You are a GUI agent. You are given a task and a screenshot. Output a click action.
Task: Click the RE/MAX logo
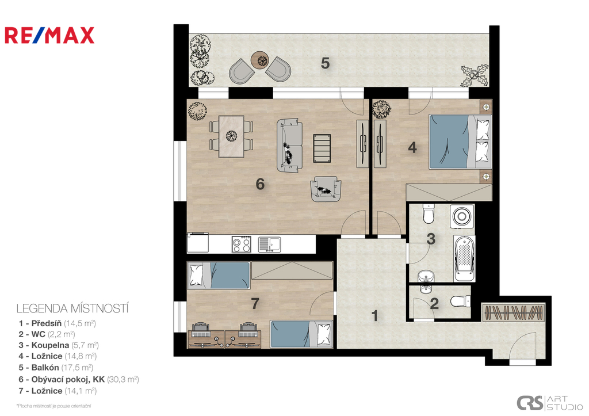pyautogui.click(x=49, y=35)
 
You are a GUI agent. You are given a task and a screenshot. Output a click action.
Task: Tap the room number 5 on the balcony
pyautogui.click(x=326, y=63)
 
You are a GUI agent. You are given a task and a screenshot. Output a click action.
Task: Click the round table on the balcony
pyautogui.click(x=261, y=59)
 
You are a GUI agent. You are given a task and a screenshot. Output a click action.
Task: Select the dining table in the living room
pyautogui.click(x=231, y=136)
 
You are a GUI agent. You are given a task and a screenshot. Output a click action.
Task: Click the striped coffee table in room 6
pyautogui.click(x=322, y=148)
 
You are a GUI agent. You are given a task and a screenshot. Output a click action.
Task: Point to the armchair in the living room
pyautogui.click(x=326, y=189)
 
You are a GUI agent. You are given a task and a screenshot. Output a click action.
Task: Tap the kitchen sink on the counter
pyautogui.click(x=269, y=245)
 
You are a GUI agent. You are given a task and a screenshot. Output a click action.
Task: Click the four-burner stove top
pyautogui.click(x=241, y=245)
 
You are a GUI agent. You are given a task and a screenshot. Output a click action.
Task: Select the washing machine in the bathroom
pyautogui.click(x=462, y=216)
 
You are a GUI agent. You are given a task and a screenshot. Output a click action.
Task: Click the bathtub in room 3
pyautogui.click(x=464, y=258)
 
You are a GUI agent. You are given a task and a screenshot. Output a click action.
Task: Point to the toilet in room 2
pyautogui.click(x=460, y=301)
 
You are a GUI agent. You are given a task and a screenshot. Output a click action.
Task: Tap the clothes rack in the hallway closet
pyautogui.click(x=514, y=312)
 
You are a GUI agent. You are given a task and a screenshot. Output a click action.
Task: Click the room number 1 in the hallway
pyautogui.click(x=374, y=316)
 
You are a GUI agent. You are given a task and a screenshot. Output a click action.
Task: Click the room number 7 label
pyautogui.click(x=255, y=303)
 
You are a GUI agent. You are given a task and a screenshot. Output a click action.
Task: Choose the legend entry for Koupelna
pyautogui.click(x=59, y=345)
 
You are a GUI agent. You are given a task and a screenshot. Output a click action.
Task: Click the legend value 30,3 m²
pyautogui.click(x=123, y=379)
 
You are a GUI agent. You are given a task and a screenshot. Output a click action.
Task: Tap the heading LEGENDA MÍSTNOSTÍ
pyautogui.click(x=72, y=308)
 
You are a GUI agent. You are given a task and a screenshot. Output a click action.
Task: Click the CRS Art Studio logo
pyautogui.click(x=549, y=403)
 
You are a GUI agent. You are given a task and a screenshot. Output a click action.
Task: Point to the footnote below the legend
pyautogui.click(x=53, y=406)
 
